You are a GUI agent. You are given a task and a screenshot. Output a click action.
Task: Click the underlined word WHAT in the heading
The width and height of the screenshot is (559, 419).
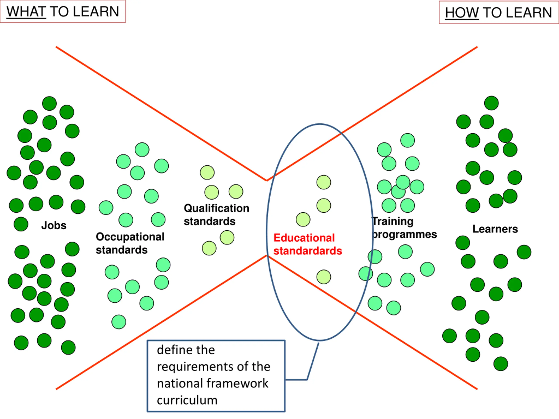[x=26, y=12]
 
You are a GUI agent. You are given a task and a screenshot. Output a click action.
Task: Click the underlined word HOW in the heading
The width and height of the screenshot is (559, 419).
[x=462, y=13]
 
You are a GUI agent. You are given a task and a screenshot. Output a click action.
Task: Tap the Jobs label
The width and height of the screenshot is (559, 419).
[x=54, y=225]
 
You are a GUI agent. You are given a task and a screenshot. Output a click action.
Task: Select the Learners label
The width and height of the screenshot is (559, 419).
[x=495, y=229]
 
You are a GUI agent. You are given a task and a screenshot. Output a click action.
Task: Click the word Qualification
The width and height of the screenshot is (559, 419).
[x=217, y=208]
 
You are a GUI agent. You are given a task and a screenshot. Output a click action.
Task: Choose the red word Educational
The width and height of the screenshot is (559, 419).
[x=304, y=238]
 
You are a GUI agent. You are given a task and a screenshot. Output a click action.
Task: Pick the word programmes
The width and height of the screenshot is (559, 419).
[x=404, y=235]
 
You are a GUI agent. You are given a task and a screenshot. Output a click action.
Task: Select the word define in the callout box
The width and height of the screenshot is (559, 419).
[x=173, y=350]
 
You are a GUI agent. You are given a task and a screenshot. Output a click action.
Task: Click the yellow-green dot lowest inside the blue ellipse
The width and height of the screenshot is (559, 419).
[x=324, y=277]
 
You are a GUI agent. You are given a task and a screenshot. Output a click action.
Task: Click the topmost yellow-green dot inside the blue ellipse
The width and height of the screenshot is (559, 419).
[x=324, y=182]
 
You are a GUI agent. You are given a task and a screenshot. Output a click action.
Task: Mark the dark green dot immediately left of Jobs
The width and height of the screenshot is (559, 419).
[x=21, y=224]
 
